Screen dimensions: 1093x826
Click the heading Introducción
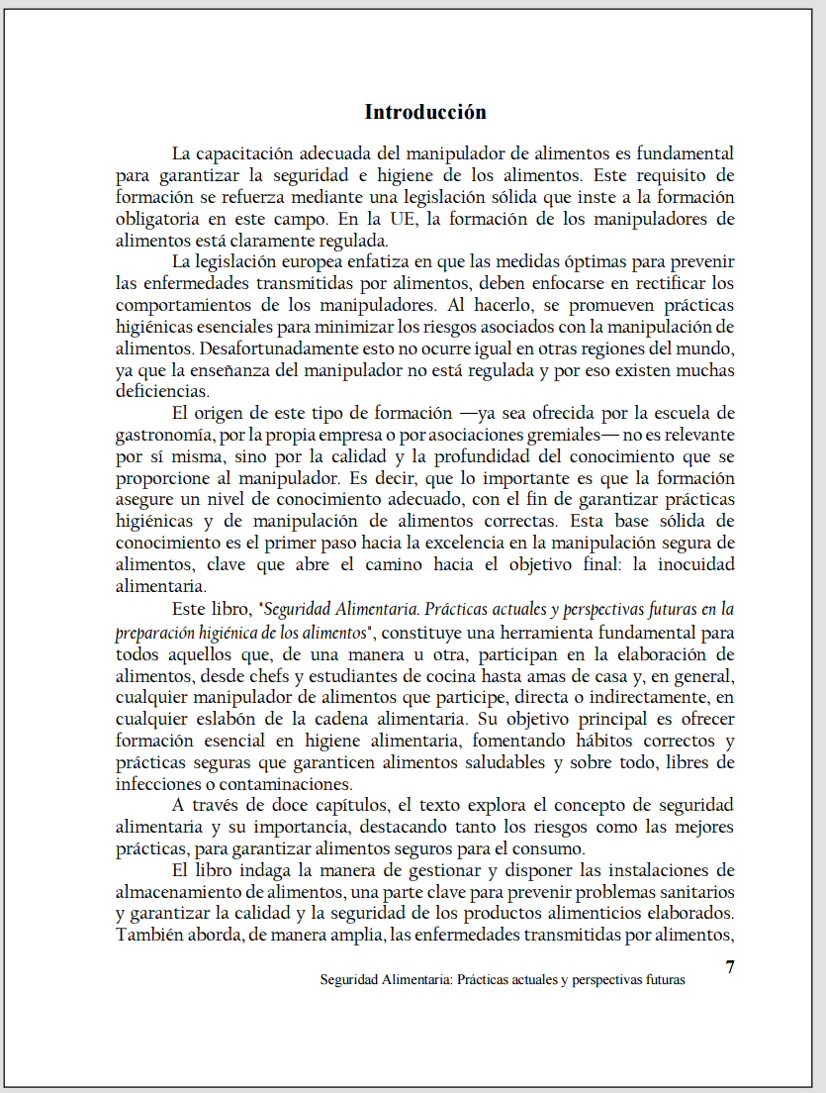tap(425, 112)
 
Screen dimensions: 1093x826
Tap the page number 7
tap(730, 967)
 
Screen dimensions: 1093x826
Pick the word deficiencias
tap(156, 391)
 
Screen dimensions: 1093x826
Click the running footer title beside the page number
tap(503, 980)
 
